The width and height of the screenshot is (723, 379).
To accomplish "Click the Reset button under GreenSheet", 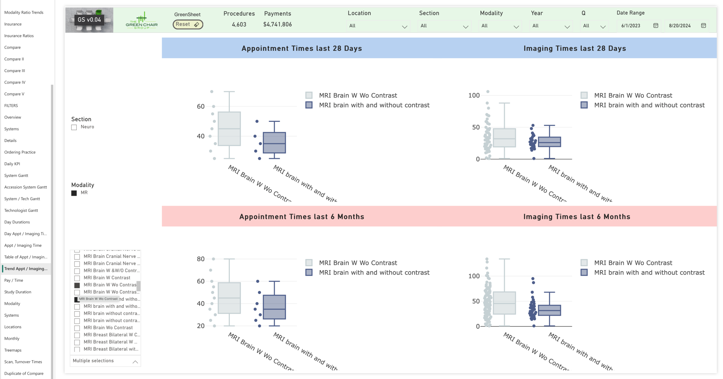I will [x=188, y=24].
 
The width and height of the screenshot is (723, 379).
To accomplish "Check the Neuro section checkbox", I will [x=74, y=127].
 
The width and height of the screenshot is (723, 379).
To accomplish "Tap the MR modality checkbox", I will [x=74, y=193].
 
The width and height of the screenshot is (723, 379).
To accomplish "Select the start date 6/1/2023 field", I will [x=630, y=26].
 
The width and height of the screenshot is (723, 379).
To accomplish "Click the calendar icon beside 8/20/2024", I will [x=703, y=26].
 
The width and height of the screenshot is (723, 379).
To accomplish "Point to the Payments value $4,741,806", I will [x=277, y=24].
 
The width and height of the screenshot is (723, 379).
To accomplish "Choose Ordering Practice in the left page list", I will [x=20, y=152].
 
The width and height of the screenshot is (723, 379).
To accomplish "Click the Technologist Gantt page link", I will [x=21, y=210].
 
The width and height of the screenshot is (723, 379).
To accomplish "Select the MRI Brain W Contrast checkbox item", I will [x=77, y=278].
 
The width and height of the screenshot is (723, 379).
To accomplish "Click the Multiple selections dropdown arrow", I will [x=135, y=362].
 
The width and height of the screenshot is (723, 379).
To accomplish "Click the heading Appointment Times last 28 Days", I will [x=301, y=48].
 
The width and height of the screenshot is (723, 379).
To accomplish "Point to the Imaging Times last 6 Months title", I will [x=576, y=217].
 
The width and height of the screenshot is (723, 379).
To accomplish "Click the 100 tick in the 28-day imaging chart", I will [x=474, y=95].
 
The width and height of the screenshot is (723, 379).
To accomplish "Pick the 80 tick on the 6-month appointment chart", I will [x=200, y=259].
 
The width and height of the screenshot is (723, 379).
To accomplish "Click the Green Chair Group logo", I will [x=142, y=21].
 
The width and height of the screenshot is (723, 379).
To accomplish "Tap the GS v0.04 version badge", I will [x=89, y=20].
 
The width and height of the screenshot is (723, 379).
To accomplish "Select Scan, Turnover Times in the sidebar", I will [x=23, y=362].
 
